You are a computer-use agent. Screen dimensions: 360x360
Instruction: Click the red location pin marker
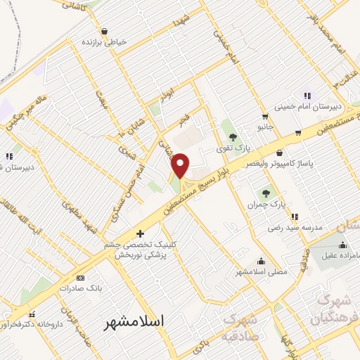(181, 166)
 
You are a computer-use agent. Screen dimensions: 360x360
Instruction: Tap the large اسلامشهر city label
(134, 321)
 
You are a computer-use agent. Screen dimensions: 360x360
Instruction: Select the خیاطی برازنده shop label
(105, 42)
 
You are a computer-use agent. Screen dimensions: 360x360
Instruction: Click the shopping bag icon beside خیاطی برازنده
(105, 31)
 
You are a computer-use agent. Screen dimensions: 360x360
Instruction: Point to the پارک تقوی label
(233, 147)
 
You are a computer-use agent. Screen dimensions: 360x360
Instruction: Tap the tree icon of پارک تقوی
(233, 136)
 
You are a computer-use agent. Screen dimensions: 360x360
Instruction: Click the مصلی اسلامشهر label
(261, 271)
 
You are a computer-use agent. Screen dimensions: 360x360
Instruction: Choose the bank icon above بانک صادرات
(80, 278)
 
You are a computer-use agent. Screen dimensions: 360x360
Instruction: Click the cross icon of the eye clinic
(141, 233)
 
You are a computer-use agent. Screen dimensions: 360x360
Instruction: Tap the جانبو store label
(264, 127)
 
